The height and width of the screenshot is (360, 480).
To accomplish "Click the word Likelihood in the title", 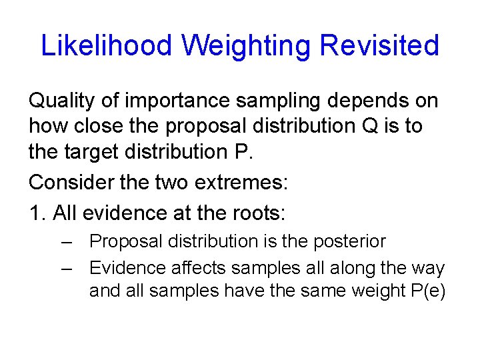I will coord(107,46).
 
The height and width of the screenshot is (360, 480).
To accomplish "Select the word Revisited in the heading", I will coord(379,46).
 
